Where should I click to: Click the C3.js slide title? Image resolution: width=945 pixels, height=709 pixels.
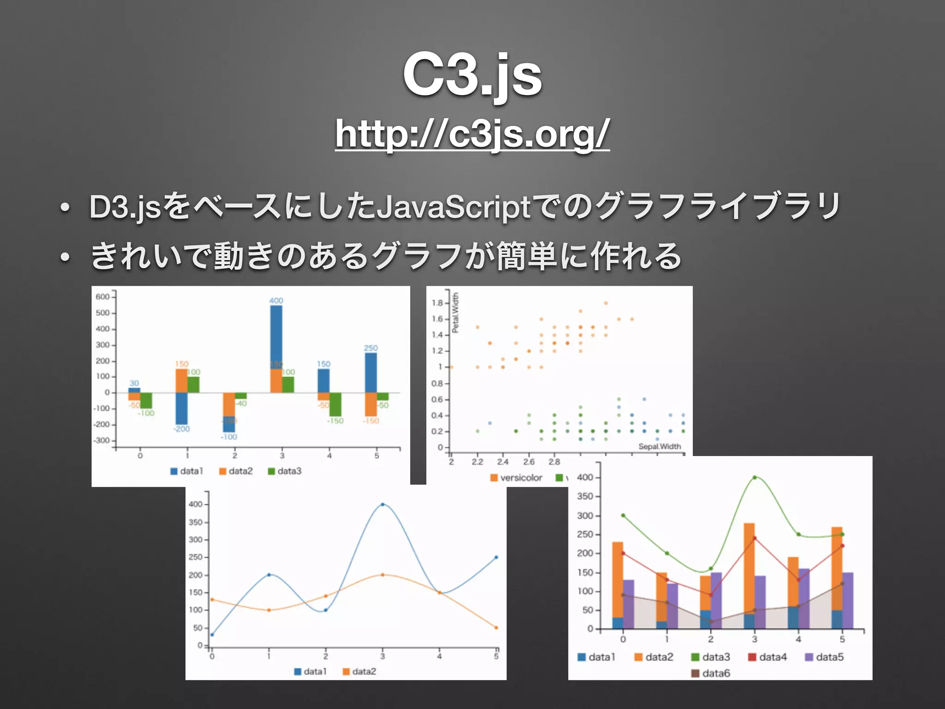tap(472, 75)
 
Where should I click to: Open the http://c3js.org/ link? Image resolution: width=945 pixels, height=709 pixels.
tap(472, 133)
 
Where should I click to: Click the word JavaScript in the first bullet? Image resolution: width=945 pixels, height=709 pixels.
tap(454, 207)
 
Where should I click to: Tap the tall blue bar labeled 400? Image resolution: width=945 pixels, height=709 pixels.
tap(276, 337)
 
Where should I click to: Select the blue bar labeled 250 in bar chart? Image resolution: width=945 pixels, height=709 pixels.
tap(371, 372)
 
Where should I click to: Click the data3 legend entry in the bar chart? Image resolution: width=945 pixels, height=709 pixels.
tap(285, 471)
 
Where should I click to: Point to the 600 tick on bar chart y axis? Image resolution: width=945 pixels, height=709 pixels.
tap(102, 297)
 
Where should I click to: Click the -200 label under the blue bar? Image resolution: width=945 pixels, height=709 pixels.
tap(181, 429)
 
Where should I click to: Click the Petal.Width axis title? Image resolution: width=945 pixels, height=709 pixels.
tap(455, 312)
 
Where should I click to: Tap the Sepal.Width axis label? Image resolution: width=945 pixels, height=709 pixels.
tap(659, 446)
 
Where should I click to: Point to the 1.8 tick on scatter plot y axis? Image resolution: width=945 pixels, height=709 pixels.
tap(437, 303)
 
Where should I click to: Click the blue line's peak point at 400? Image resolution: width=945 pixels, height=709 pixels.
tap(383, 505)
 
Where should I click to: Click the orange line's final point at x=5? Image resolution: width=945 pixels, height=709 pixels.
tap(496, 628)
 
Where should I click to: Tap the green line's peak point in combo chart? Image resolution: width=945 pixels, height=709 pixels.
tap(754, 478)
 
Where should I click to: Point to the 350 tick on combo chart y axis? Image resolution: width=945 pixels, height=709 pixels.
tap(585, 497)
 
